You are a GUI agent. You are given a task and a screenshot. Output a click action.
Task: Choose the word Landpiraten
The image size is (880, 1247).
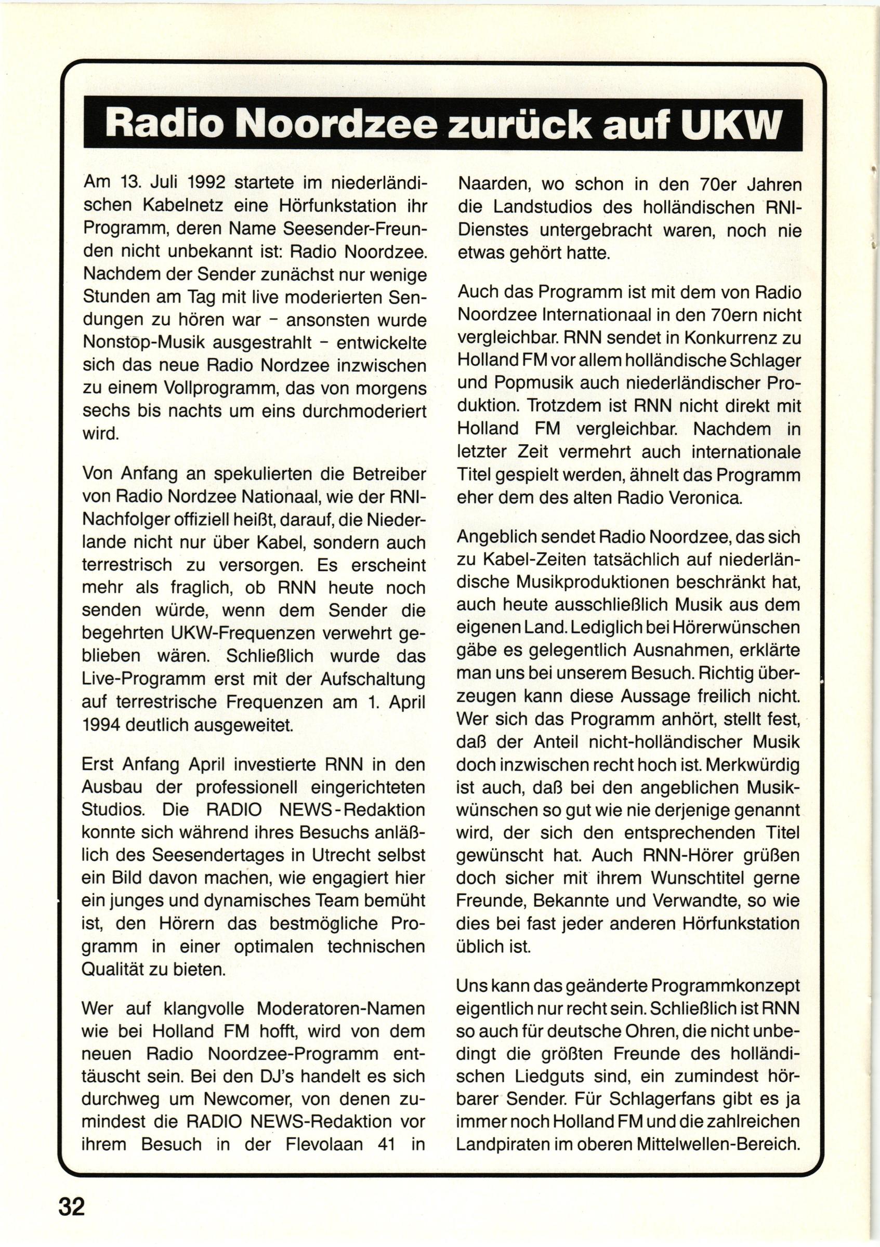tap(502, 1129)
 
